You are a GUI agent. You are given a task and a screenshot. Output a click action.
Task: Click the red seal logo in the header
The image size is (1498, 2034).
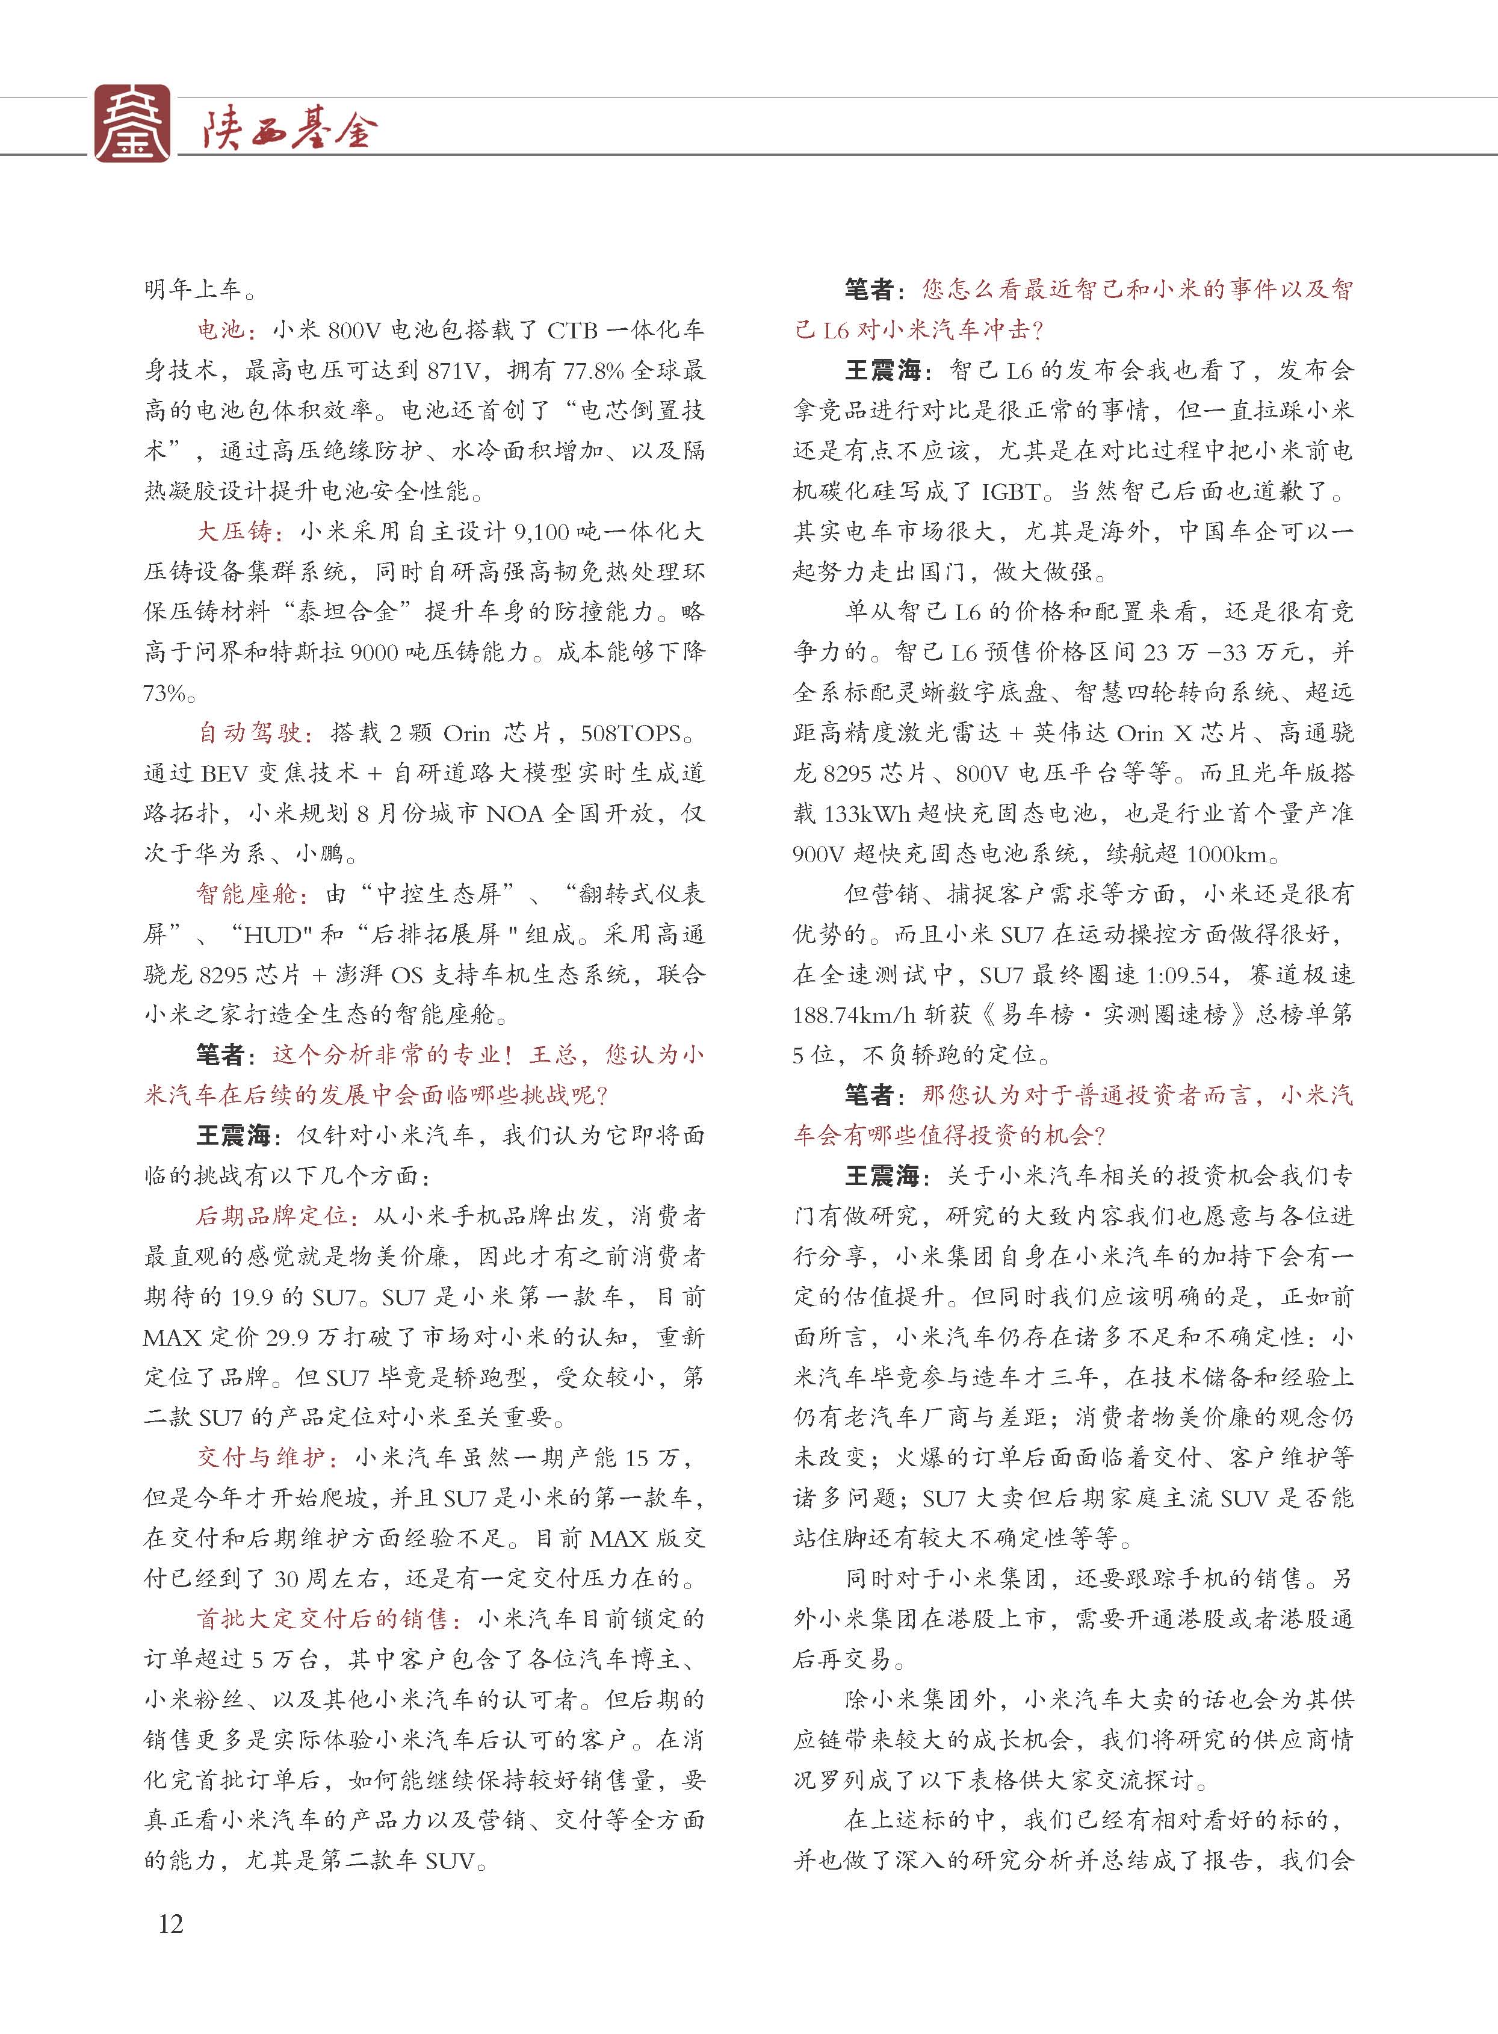[x=132, y=123]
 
